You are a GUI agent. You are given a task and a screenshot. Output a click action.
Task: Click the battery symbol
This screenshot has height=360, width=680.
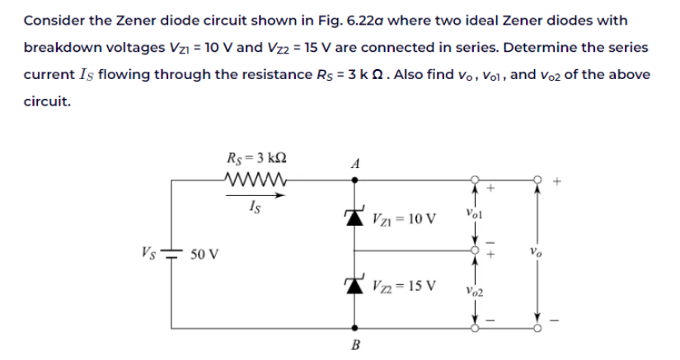pyautogui.click(x=173, y=252)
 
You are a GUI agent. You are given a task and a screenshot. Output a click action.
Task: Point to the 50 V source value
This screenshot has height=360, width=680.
pyautogui.click(x=204, y=253)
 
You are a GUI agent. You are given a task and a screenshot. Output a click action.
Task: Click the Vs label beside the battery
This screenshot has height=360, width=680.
pyautogui.click(x=149, y=247)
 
